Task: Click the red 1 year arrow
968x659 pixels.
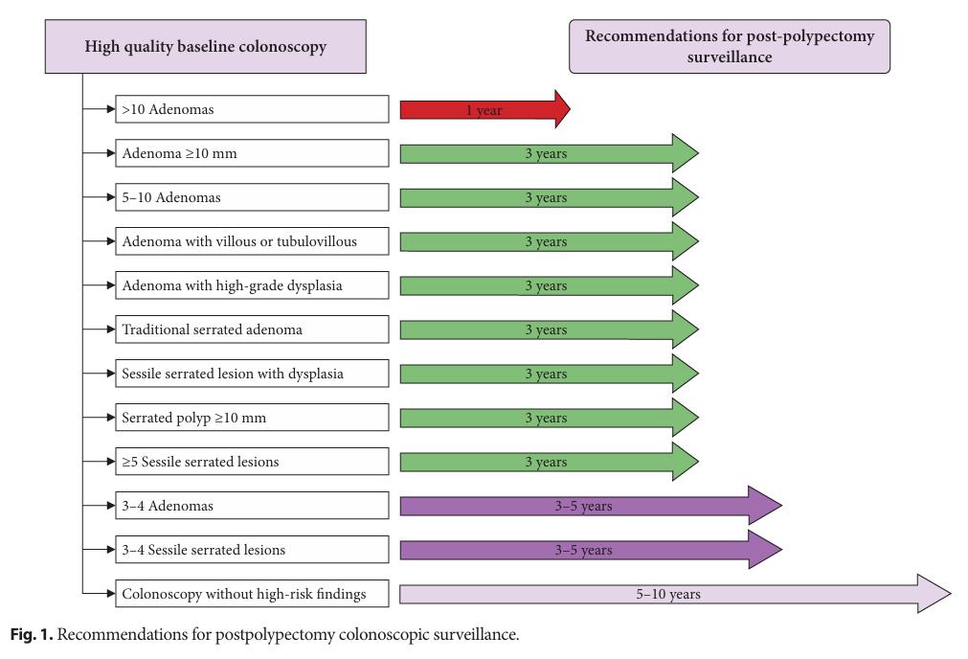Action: click(x=485, y=109)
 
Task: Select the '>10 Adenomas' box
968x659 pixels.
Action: click(x=252, y=109)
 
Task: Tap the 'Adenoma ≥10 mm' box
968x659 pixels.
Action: click(x=252, y=153)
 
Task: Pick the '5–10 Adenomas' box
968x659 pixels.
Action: click(x=252, y=197)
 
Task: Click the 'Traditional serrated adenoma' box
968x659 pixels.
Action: click(x=252, y=329)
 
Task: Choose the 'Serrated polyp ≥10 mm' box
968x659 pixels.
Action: click(x=252, y=418)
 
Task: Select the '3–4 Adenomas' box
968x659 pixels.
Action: click(x=252, y=505)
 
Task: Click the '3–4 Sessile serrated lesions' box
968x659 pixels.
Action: click(x=252, y=550)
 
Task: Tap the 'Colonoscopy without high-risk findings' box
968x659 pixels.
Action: click(x=252, y=594)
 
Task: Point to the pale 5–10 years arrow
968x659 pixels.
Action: click(x=675, y=594)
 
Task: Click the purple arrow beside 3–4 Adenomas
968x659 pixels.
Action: click(x=591, y=505)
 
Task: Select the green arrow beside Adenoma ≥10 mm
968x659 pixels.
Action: click(x=550, y=153)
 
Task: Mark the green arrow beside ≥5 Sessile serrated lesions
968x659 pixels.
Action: click(x=550, y=462)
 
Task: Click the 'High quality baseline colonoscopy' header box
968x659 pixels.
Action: click(x=206, y=46)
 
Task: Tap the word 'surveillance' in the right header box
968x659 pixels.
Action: click(x=730, y=57)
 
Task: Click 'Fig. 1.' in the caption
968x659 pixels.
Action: click(x=32, y=634)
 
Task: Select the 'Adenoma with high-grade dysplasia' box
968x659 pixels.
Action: click(x=252, y=285)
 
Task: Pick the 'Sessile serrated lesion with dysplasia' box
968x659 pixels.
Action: click(x=252, y=373)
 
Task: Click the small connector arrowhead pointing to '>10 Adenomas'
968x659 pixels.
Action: click(x=111, y=109)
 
